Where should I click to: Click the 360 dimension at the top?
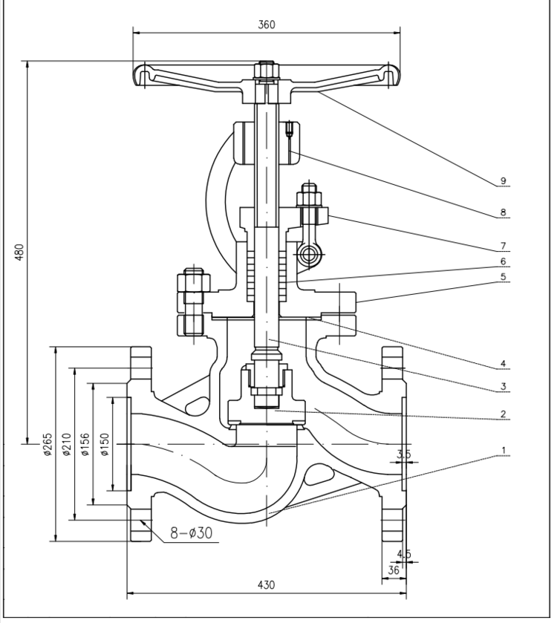[267, 24]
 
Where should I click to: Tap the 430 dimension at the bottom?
[266, 584]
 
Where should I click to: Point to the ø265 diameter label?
[47, 443]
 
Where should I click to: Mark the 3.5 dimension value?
[404, 454]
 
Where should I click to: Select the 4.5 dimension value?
[404, 554]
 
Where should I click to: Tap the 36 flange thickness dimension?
[394, 570]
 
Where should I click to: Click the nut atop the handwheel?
[265, 72]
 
